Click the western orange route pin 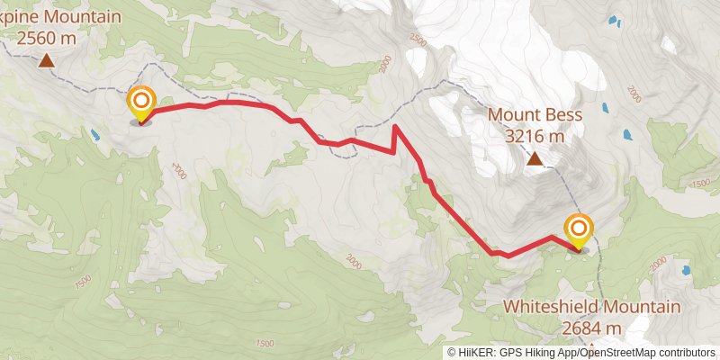pyautogui.click(x=140, y=102)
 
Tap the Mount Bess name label pyautogui.click(x=535, y=115)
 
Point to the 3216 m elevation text pyautogui.click(x=535, y=137)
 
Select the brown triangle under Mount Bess pyautogui.click(x=535, y=159)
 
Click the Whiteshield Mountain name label pyautogui.click(x=590, y=307)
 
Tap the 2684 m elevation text pyautogui.click(x=590, y=328)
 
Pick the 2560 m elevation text pyautogui.click(x=46, y=39)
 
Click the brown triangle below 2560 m pyautogui.click(x=46, y=61)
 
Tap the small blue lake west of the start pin pyautogui.click(x=94, y=136)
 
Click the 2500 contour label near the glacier pyautogui.click(x=417, y=40)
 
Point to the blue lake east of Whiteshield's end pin pyautogui.click(x=686, y=269)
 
